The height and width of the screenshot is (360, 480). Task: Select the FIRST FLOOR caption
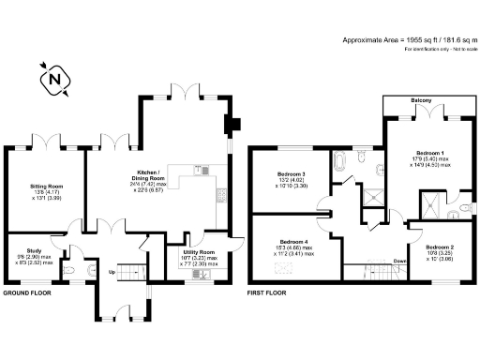click(x=266, y=293)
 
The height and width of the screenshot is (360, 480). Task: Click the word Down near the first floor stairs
click(x=400, y=262)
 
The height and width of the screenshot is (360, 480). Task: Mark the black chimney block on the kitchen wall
click(x=231, y=125)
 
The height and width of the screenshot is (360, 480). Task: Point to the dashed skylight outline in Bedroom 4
click(x=280, y=270)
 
